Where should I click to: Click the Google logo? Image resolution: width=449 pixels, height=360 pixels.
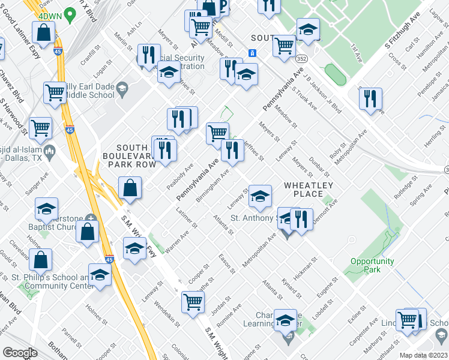pyautogui.click(x=20, y=353)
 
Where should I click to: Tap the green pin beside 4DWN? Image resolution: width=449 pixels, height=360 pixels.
pyautogui.click(x=70, y=13)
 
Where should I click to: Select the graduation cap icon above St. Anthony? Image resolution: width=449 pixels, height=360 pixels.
pyautogui.click(x=259, y=196)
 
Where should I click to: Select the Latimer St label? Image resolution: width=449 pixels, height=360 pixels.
pyautogui.click(x=187, y=217)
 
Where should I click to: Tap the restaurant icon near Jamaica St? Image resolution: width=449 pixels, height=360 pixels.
pyautogui.click(x=370, y=99)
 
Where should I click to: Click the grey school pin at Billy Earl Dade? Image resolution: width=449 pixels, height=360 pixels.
pyautogui.click(x=122, y=89)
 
